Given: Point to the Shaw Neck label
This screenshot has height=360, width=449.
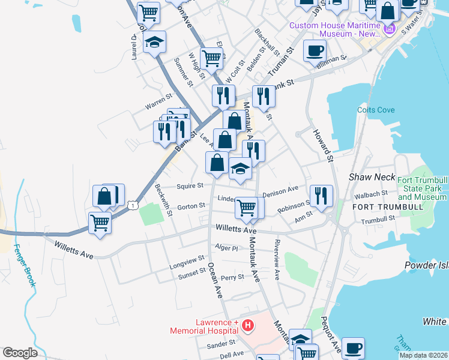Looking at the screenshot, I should click(370, 177).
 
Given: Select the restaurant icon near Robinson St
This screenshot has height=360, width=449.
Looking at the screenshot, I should click(321, 195).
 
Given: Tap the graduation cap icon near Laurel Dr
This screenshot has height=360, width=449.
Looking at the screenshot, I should click(154, 42).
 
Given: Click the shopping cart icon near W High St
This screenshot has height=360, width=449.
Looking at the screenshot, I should click(211, 58).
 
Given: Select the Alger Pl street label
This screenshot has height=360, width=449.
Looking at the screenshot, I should click(226, 247).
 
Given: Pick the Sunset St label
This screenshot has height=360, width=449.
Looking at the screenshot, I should click(191, 275).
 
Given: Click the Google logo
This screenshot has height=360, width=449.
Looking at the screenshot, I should click(20, 353).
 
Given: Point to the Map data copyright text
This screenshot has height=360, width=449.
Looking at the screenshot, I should click(423, 355).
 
